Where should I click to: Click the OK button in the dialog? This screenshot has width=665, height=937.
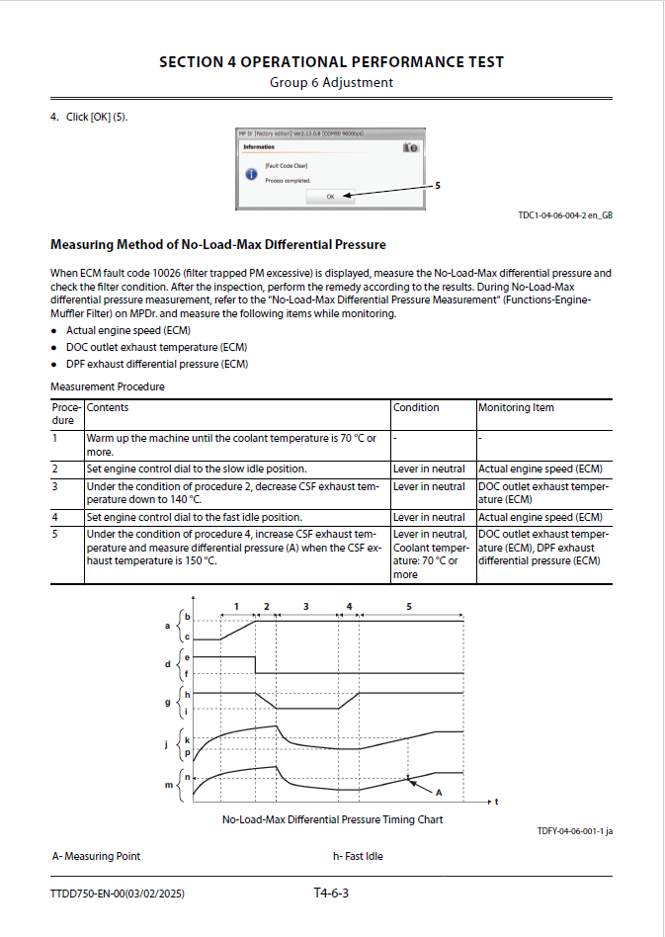coord(330,196)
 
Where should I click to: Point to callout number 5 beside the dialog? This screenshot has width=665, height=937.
coord(438,185)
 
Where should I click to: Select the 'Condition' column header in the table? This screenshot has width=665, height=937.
coord(416,407)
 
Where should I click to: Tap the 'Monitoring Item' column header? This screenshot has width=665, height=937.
coord(516,407)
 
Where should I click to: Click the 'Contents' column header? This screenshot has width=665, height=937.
coord(108,407)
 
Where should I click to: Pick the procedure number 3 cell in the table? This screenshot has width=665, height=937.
coord(55,486)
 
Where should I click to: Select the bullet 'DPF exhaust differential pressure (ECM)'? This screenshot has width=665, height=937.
coord(156,364)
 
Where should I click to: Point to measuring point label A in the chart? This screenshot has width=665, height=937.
coord(439,793)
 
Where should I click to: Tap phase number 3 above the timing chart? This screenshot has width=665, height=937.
coord(305,604)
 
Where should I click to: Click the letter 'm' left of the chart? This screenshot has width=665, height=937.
coord(167,785)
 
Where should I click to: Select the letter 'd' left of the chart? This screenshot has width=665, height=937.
coord(167,664)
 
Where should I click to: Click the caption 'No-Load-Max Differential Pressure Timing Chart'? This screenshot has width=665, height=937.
coord(332,819)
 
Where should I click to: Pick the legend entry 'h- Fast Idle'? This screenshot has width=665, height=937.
coord(358,856)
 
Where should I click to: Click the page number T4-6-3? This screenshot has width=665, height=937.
coord(332,894)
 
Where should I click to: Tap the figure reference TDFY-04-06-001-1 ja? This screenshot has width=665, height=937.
coord(575,832)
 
